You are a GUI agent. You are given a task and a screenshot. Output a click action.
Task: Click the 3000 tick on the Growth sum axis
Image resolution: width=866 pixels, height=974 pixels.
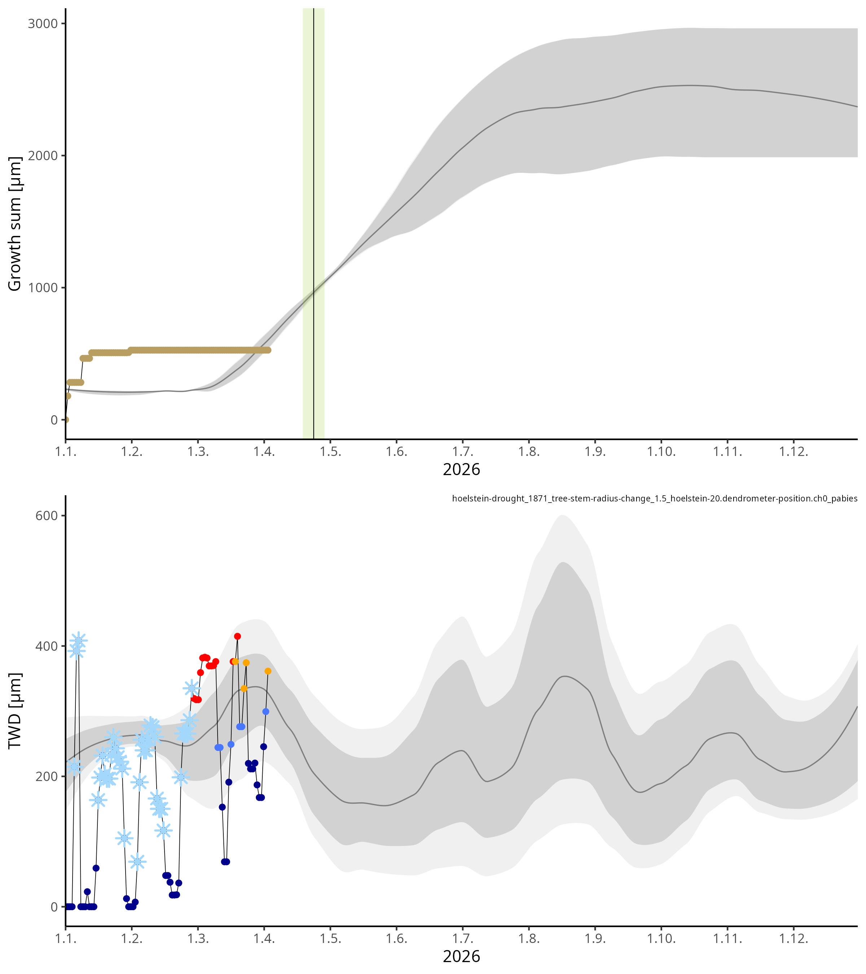click(43, 23)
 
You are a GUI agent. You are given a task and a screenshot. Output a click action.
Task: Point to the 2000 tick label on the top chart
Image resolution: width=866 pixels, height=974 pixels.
click(43, 156)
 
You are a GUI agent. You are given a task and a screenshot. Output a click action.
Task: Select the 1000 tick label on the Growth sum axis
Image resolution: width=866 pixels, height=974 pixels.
click(43, 288)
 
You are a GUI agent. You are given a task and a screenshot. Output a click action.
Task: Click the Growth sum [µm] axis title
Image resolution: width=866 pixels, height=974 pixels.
click(15, 224)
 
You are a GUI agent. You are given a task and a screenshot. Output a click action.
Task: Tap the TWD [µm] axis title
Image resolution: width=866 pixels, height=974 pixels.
click(15, 717)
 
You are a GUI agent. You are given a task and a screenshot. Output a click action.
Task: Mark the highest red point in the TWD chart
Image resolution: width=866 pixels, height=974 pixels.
click(237, 637)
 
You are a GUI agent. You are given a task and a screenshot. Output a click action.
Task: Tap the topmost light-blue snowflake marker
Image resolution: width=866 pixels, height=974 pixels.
click(79, 641)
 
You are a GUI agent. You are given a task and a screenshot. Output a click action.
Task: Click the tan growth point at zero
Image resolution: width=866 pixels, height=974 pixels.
click(66, 420)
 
